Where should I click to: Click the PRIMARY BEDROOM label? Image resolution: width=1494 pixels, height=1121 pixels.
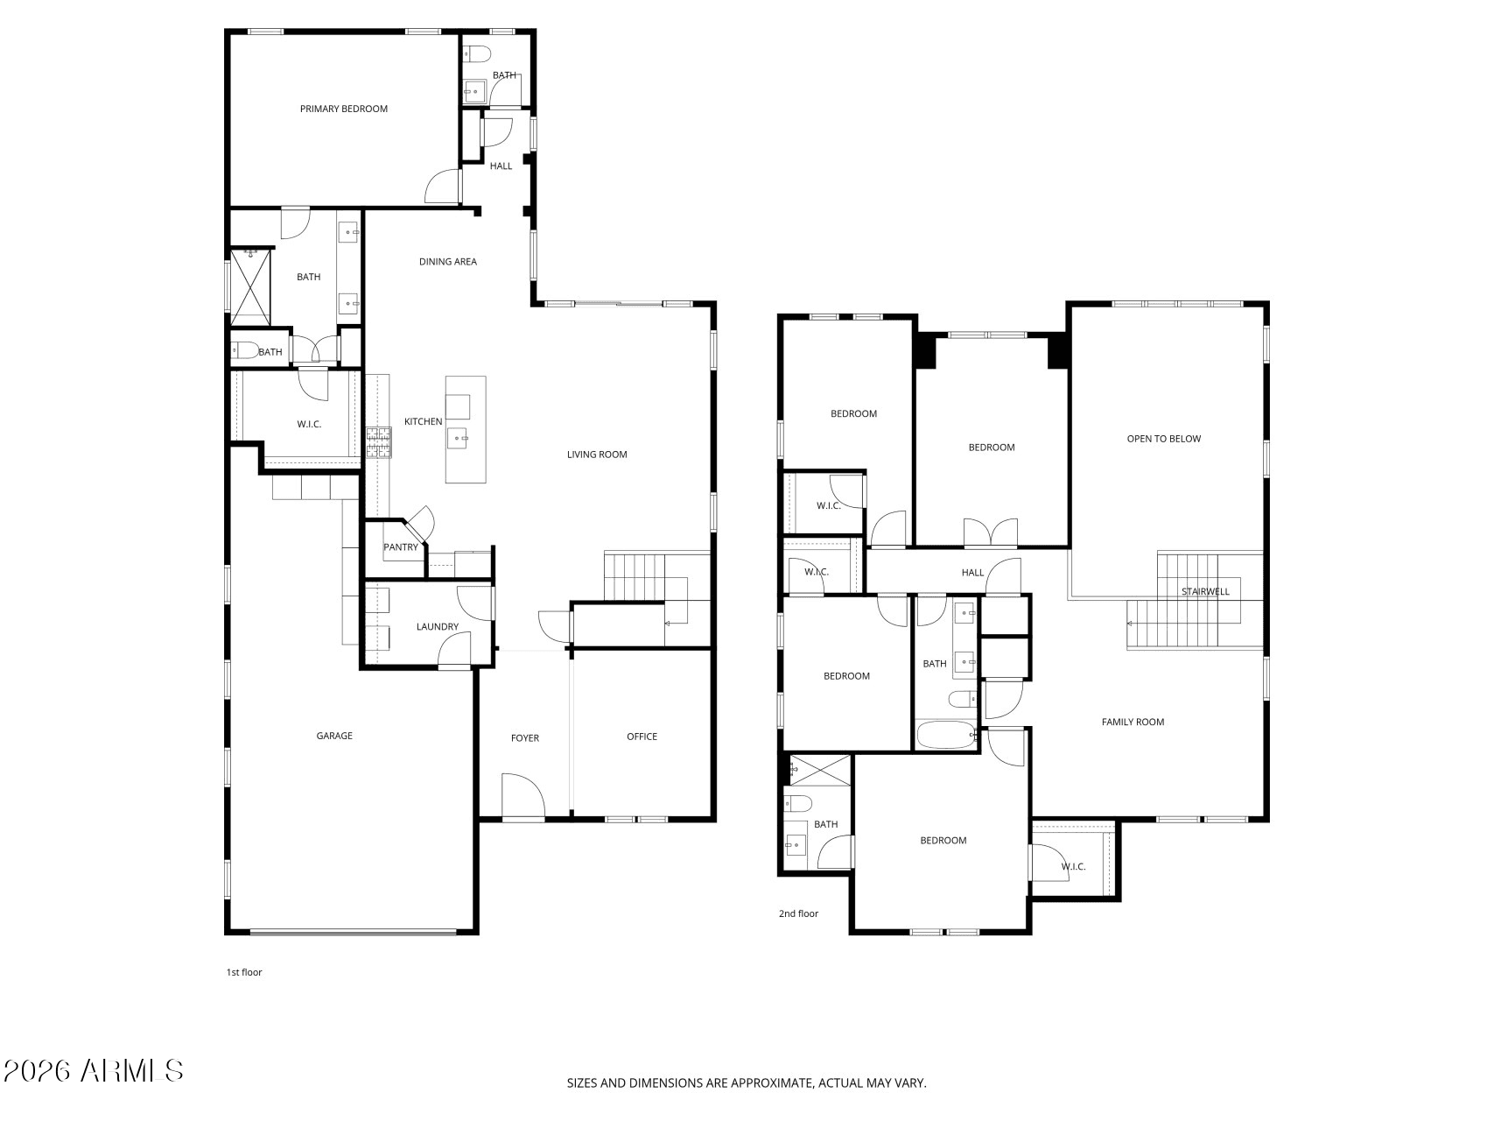click(343, 109)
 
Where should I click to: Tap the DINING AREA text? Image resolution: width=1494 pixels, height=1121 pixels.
click(447, 261)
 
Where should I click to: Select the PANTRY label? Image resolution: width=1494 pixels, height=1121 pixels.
click(401, 547)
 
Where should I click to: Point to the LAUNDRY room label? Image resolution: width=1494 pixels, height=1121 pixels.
click(437, 626)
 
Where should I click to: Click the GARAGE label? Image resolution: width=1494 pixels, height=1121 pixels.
click(334, 736)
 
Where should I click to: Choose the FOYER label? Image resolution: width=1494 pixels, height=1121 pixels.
click(525, 738)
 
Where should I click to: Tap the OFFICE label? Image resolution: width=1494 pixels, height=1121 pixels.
click(642, 737)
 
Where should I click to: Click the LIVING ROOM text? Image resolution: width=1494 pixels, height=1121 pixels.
click(597, 455)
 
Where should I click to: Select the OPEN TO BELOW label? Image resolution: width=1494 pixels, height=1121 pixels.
click(1163, 439)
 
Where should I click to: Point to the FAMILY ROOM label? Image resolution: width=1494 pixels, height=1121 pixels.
click(1133, 722)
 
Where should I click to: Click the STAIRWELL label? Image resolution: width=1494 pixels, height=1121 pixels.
click(1205, 591)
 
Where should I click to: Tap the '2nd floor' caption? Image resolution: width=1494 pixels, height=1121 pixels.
click(798, 913)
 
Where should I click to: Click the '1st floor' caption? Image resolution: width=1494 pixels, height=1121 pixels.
click(244, 972)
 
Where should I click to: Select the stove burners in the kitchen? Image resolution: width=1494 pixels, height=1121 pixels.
click(379, 442)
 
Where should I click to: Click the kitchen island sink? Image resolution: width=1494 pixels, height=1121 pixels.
click(459, 436)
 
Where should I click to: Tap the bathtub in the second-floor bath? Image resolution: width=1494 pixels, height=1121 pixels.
click(945, 736)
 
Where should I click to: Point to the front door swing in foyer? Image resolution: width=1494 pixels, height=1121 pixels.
click(523, 795)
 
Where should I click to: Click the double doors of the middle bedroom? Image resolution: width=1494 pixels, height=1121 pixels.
click(991, 532)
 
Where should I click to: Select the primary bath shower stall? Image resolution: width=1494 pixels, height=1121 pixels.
click(251, 286)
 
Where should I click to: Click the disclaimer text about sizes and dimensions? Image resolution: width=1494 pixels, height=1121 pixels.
click(747, 1083)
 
